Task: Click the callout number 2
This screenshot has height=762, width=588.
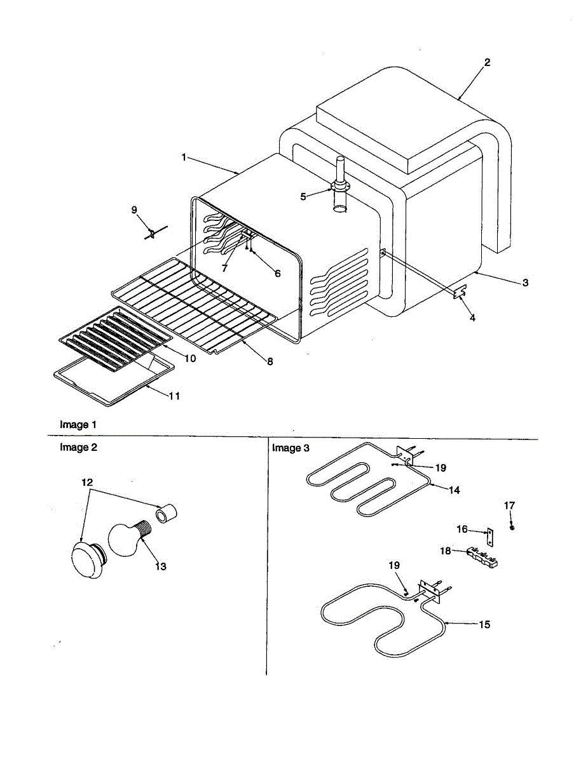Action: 487,62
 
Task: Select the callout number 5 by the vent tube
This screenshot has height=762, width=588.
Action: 303,196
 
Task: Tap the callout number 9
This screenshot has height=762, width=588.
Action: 134,210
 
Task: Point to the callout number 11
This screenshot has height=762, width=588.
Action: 174,396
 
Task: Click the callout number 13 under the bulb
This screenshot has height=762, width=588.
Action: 161,566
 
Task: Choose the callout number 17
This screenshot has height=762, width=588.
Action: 509,505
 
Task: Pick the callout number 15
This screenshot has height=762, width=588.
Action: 484,624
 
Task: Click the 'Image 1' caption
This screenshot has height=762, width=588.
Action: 78,424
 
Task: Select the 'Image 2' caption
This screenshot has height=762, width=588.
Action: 78,447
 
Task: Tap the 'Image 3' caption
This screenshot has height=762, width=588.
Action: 291,448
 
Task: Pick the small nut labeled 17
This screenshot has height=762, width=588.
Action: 512,527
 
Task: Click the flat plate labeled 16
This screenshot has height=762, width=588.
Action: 489,537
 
